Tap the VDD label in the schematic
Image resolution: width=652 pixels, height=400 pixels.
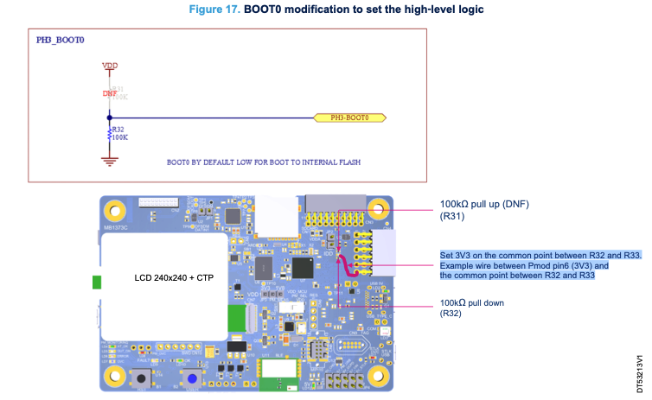110,66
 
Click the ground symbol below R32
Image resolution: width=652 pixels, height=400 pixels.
109,158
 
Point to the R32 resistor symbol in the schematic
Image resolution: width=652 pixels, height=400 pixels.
109,135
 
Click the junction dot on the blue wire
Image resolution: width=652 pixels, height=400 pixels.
109,117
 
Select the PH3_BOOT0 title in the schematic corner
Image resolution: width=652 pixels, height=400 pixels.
60,40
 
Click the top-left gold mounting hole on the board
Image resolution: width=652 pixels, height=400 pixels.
114,209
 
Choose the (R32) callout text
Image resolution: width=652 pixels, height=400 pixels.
452,314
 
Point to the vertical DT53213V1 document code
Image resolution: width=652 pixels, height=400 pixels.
639,371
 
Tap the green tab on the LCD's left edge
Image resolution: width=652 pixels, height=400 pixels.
97,282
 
